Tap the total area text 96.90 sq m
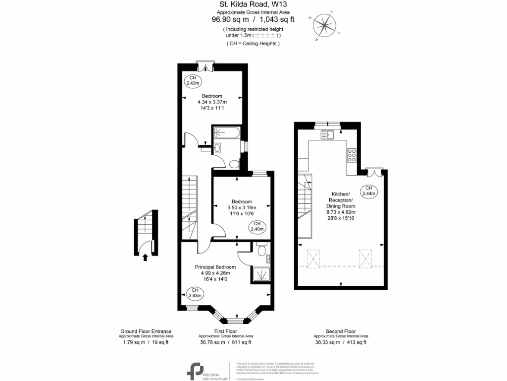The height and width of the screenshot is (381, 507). click(230, 20)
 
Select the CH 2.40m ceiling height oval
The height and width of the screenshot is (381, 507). click(257, 227)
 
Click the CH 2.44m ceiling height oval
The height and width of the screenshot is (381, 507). click(368, 190)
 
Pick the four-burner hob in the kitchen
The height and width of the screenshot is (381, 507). click(352, 155)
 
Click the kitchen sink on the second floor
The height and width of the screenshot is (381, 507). click(328, 134)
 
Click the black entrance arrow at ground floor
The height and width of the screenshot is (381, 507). click(145, 257)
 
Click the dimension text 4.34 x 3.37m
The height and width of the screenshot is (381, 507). click(212, 102)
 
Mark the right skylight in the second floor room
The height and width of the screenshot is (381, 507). click(365, 257)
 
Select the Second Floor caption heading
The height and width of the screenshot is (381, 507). click(341, 331)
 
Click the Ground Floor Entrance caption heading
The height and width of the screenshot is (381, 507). click(146, 331)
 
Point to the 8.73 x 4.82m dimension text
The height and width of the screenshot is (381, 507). click(341, 212)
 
